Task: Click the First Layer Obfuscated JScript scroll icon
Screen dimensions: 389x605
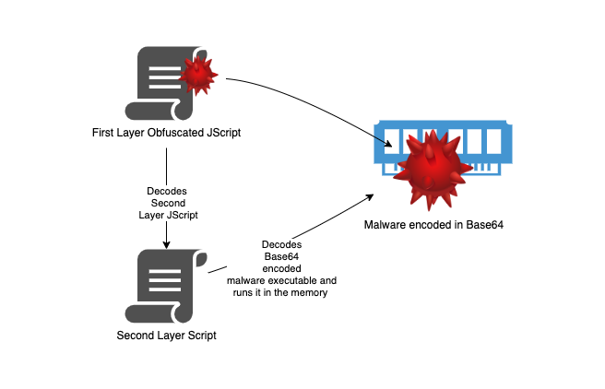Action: click(164, 85)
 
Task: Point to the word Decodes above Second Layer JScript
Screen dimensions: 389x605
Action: click(166, 191)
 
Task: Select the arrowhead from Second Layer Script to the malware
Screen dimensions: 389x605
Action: click(369, 196)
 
